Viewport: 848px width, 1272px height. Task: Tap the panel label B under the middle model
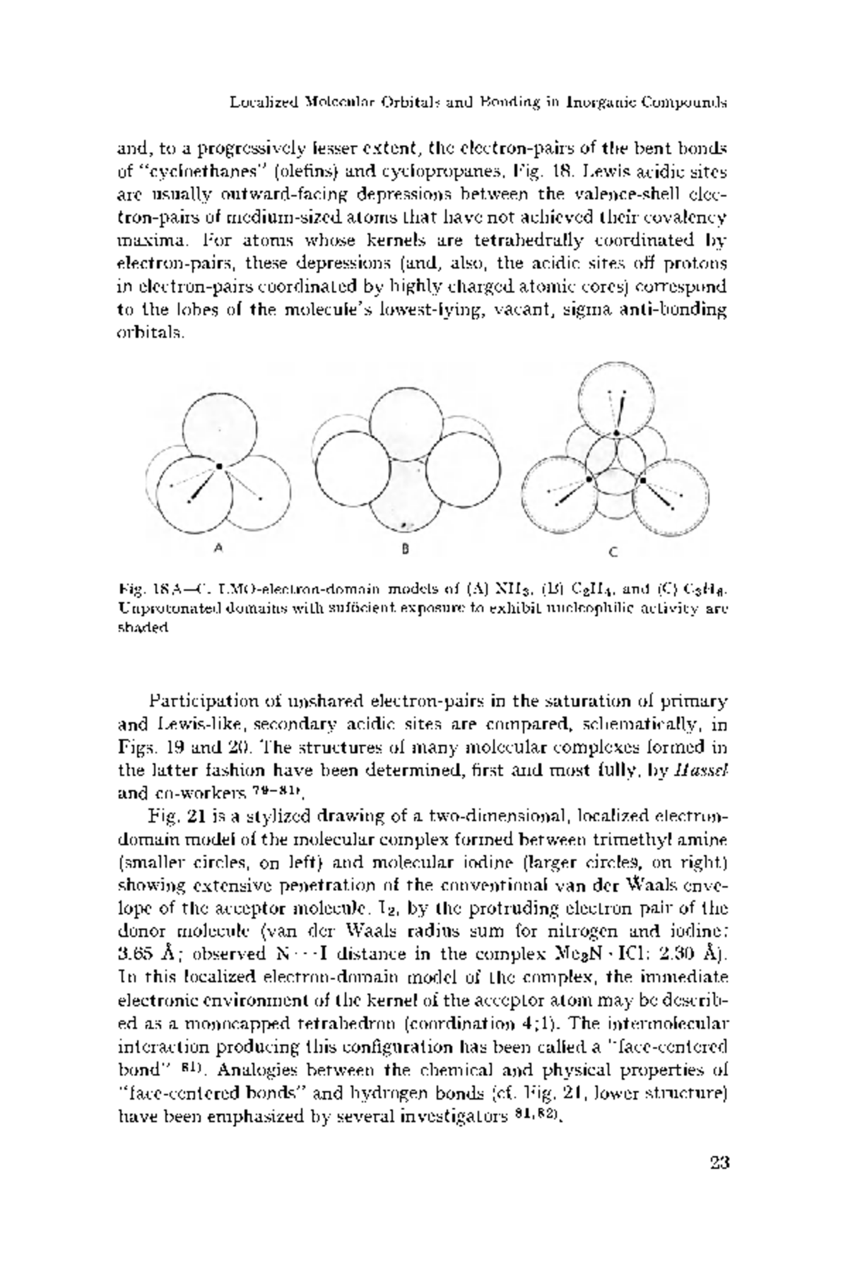click(406, 548)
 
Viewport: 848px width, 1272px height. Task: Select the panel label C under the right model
click(613, 552)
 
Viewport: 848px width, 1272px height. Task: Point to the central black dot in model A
click(220, 466)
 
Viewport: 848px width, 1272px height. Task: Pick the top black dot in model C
click(617, 432)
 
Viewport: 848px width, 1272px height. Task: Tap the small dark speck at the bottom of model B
click(404, 525)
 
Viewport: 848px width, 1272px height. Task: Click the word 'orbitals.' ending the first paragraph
click(150, 333)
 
